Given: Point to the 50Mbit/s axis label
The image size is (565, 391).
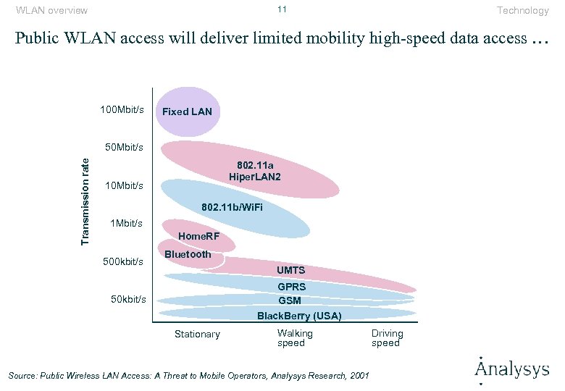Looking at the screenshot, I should pyautogui.click(x=125, y=148).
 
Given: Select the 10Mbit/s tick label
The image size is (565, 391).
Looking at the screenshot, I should pyautogui.click(x=125, y=186).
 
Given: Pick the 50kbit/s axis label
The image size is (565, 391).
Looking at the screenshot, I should pyautogui.click(x=128, y=299).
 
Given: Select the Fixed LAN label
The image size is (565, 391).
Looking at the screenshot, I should pyautogui.click(x=187, y=112).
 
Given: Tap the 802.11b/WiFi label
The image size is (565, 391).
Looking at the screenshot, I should pyautogui.click(x=233, y=209).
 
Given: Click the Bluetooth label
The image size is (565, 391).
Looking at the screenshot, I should pyautogui.click(x=188, y=254).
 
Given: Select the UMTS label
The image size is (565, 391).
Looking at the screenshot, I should pyautogui.click(x=291, y=271).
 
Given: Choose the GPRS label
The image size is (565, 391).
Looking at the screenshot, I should pyautogui.click(x=291, y=287).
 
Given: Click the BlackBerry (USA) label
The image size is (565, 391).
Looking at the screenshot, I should pyautogui.click(x=299, y=316).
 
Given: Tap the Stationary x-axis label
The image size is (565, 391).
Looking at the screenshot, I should pyautogui.click(x=197, y=334).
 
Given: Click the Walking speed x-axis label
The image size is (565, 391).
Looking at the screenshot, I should pyautogui.click(x=295, y=338).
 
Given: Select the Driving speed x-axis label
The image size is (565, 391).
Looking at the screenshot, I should pyautogui.click(x=387, y=338).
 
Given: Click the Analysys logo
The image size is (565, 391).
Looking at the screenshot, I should pyautogui.click(x=512, y=369).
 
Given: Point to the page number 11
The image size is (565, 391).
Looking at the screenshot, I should pyautogui.click(x=282, y=9).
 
